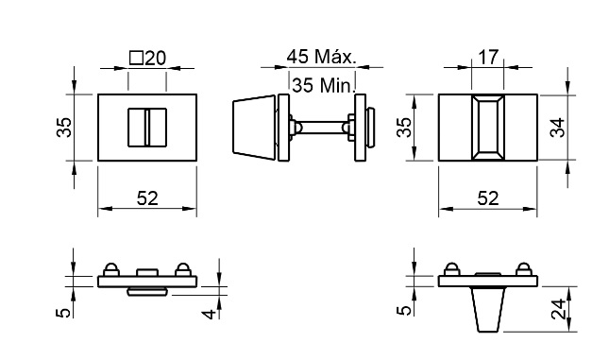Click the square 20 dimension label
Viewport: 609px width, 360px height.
pos(147,59)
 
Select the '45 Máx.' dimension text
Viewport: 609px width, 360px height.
pos(321,57)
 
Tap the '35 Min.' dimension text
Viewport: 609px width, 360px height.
pos(322,85)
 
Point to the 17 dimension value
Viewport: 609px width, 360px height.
pos(488,57)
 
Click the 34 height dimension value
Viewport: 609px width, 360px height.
pos(558,128)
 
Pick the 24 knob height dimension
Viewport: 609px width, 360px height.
pos(559,310)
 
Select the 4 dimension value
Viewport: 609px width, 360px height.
pos(210,314)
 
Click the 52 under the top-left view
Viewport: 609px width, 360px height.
pos(147,198)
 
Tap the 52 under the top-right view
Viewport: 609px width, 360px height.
pos(488,198)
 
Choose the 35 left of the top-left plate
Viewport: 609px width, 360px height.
pos(64,128)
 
